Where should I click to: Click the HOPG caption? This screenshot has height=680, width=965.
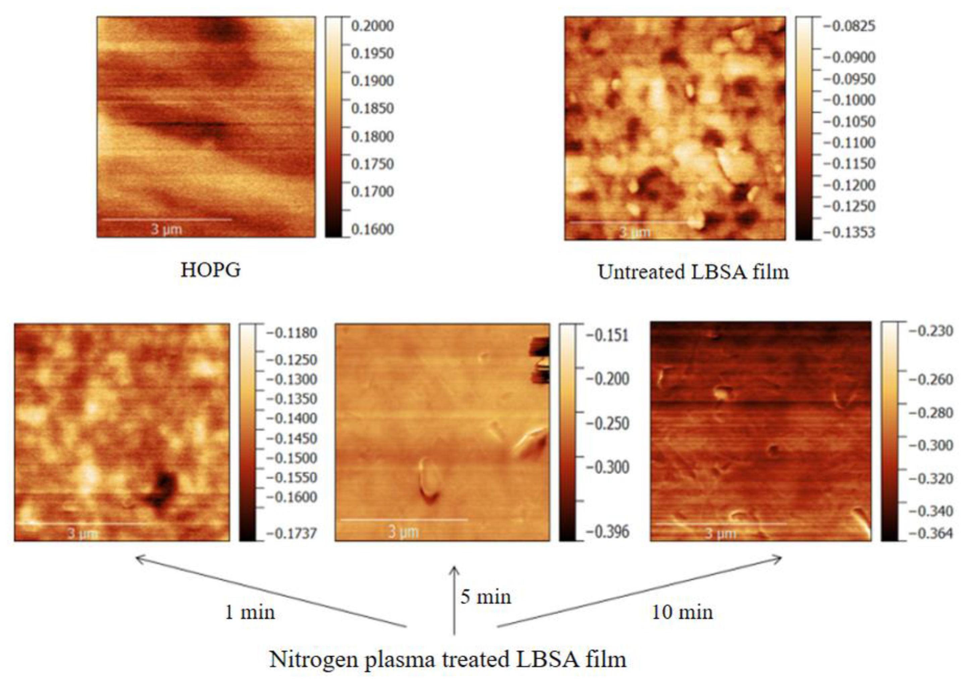click(x=211, y=270)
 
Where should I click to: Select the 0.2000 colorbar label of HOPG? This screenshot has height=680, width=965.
click(x=372, y=26)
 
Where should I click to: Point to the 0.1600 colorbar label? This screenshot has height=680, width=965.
click(x=372, y=229)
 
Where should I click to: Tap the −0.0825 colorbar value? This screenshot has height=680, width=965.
click(x=849, y=26)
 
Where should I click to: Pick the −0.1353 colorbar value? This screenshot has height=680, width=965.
click(x=849, y=232)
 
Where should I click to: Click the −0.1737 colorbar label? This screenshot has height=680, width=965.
click(x=291, y=534)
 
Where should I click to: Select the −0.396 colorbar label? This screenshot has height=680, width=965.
click(x=608, y=532)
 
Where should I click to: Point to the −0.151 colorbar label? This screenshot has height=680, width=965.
click(x=608, y=335)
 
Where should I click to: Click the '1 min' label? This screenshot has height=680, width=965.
click(x=250, y=612)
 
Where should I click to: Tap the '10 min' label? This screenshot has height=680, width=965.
click(x=683, y=612)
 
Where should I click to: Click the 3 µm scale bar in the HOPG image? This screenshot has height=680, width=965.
click(x=167, y=219)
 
